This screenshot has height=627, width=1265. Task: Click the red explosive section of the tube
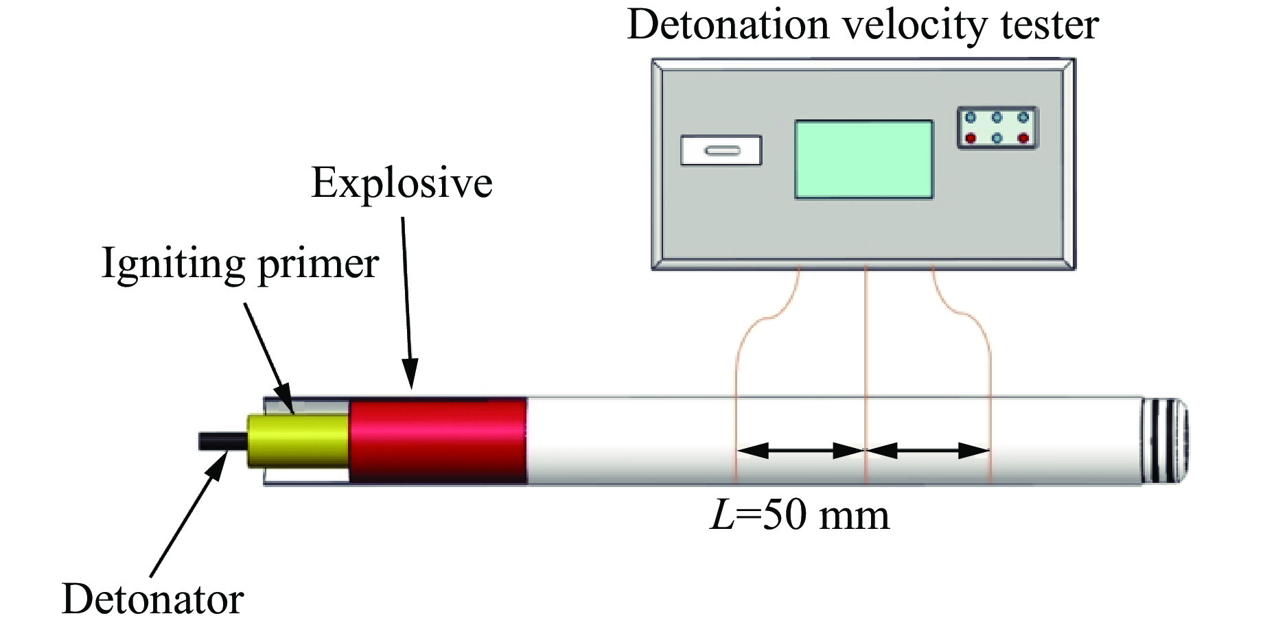coord(438,441)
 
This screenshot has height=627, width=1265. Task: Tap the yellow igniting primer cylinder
coord(298,440)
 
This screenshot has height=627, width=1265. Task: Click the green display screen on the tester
coord(863,160)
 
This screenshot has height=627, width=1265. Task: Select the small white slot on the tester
coord(721,150)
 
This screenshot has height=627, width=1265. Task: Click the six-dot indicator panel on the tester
coord(997,128)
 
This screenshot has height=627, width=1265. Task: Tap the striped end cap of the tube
coord(1164,441)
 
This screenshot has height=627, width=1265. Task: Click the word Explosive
coord(402,183)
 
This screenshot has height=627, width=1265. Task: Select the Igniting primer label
coord(240,263)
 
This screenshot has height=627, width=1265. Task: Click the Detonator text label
coord(152,599)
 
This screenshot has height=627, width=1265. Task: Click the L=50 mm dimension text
coord(800,516)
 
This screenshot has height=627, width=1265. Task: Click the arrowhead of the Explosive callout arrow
coord(410,377)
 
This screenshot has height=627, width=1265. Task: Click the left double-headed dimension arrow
coord(800,451)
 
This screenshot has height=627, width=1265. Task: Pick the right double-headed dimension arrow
coord(928,451)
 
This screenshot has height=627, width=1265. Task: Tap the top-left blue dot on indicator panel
coord(971,117)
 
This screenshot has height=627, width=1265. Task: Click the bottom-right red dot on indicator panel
coord(1023,139)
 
